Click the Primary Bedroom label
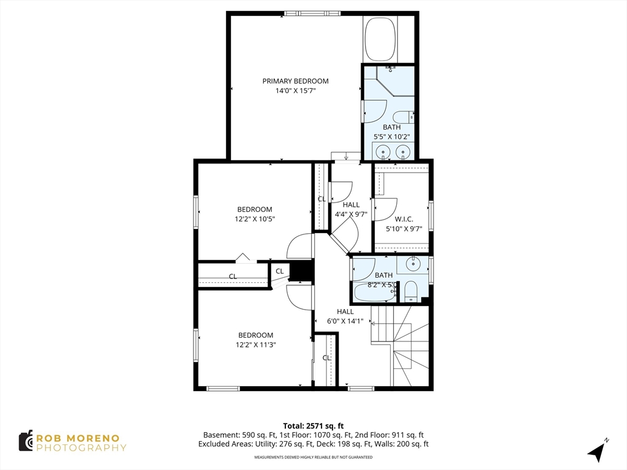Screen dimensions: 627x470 296,81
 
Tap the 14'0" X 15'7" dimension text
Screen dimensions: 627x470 296,91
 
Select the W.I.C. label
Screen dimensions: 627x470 404,220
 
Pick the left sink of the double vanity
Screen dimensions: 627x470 383,152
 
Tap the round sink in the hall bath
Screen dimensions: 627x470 411,263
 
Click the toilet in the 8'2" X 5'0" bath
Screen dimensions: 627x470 410,291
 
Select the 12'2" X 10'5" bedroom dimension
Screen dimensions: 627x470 255,219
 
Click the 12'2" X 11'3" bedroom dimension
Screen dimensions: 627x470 255,345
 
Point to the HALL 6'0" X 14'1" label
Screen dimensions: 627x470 345,316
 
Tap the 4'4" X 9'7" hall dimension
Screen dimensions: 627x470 351,214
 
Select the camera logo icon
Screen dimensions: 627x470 26,441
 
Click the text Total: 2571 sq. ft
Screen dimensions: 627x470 313,426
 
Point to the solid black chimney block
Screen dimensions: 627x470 301,270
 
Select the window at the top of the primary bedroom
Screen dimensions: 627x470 312,13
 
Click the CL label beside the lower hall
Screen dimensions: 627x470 327,358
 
